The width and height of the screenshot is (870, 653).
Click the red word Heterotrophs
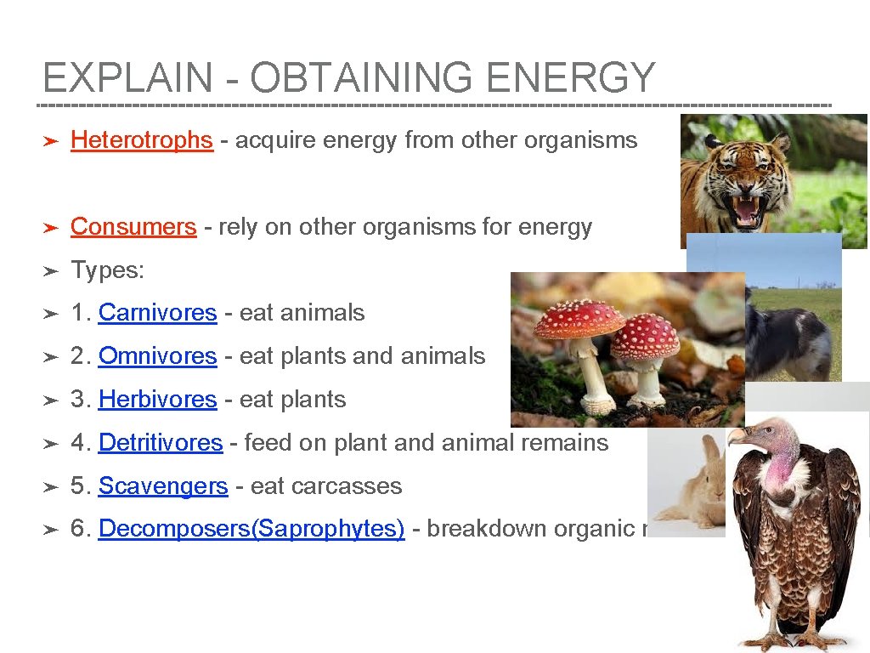point(141,139)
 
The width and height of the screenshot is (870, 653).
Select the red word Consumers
point(133,227)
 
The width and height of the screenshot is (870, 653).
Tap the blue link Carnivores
point(157,313)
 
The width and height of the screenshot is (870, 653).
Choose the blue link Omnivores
point(157,356)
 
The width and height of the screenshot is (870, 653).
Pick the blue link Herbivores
point(157,400)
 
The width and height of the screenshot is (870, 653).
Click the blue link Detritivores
point(160,443)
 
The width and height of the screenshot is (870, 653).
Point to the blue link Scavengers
point(163,486)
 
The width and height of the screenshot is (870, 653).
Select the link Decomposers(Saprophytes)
point(251,529)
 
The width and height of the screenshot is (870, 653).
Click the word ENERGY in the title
point(571,78)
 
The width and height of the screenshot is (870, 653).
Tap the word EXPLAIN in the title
point(127,78)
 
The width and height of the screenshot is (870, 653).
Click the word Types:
point(108,270)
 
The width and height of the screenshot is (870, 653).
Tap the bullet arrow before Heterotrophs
point(50,140)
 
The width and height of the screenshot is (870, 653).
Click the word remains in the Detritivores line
point(568,443)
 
